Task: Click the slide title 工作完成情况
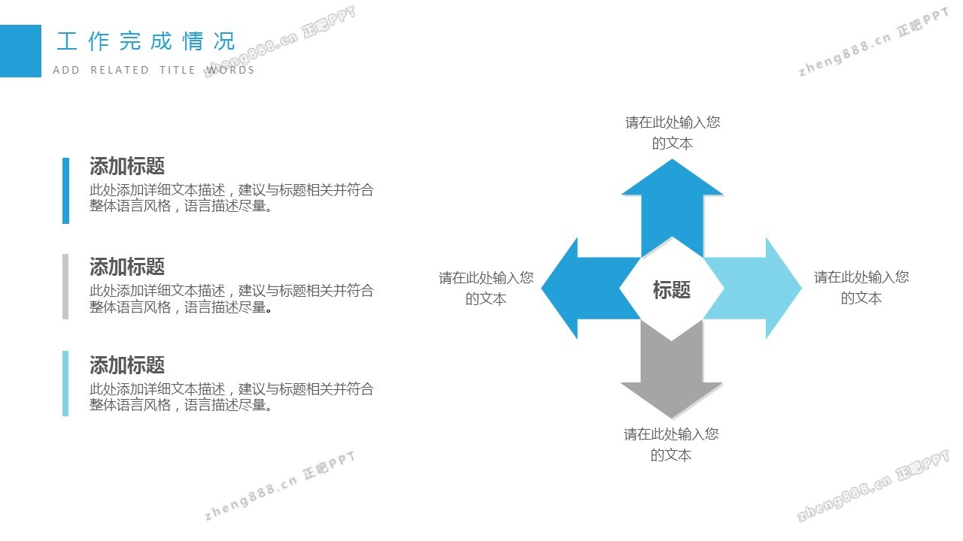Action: [x=146, y=41]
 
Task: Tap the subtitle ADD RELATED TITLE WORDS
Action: [x=153, y=70]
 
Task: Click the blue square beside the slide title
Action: [x=20, y=51]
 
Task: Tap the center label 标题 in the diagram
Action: [x=671, y=290]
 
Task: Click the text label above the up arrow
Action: [x=673, y=133]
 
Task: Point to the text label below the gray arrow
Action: [x=671, y=444]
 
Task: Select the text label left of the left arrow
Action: [x=486, y=289]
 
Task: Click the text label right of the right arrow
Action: [x=861, y=288]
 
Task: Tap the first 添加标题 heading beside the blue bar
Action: [x=127, y=166]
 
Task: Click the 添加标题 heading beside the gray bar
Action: [x=127, y=267]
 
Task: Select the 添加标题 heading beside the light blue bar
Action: [x=127, y=366]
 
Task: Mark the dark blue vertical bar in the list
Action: [x=65, y=190]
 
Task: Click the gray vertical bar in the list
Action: [x=65, y=286]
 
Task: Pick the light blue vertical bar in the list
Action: [x=65, y=383]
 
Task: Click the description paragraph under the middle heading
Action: [x=231, y=298]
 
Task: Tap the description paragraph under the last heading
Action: [x=231, y=397]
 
